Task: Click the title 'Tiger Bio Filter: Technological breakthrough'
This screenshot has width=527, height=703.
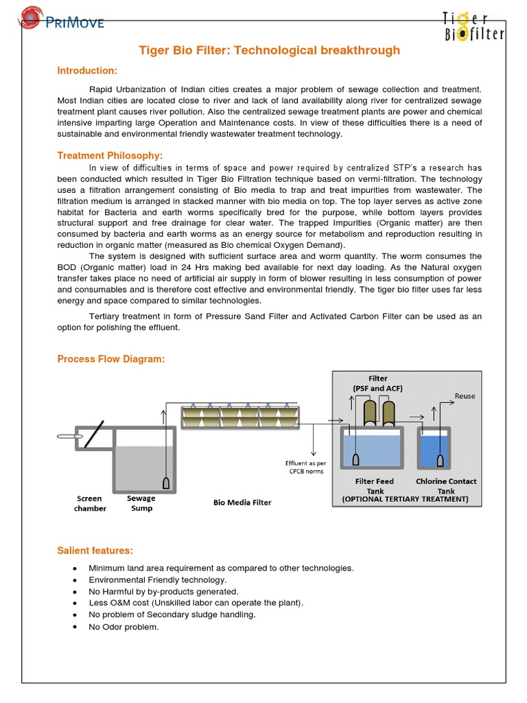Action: pyautogui.click(x=270, y=51)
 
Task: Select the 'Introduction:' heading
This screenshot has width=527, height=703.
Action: pyautogui.click(x=87, y=71)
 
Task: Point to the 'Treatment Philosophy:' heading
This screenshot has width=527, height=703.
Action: pyautogui.click(x=110, y=156)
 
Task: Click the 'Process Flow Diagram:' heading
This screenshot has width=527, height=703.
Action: pyautogui.click(x=111, y=359)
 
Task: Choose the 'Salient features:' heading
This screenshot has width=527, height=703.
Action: pyautogui.click(x=95, y=551)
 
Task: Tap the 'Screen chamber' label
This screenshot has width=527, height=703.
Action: pyautogui.click(x=90, y=503)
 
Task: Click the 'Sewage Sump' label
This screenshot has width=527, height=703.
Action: pyautogui.click(x=141, y=503)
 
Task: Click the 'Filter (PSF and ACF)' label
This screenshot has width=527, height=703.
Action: pyautogui.click(x=377, y=384)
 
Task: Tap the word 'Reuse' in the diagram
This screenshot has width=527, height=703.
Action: pyautogui.click(x=465, y=396)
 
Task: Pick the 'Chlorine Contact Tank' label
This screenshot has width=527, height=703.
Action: pyautogui.click(x=446, y=486)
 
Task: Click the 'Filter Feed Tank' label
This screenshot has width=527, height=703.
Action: pyautogui.click(x=374, y=486)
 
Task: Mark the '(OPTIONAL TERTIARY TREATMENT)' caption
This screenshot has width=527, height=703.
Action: pyautogui.click(x=405, y=499)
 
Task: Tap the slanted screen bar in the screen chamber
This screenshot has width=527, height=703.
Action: pyautogui.click(x=95, y=435)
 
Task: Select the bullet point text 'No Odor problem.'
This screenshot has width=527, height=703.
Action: pyautogui.click(x=124, y=626)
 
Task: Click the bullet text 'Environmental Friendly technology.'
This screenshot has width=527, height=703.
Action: pyautogui.click(x=157, y=579)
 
